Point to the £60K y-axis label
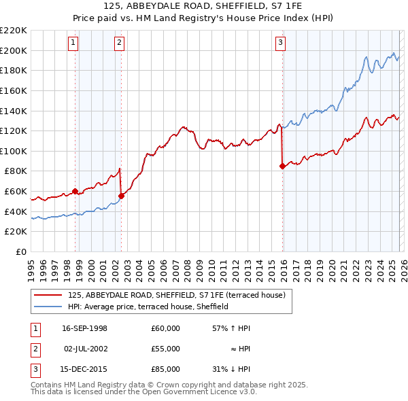[16, 192]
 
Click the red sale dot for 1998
[75, 191]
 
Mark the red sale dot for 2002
[121, 196]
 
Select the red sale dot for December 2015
[282, 165]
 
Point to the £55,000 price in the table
[166, 349]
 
